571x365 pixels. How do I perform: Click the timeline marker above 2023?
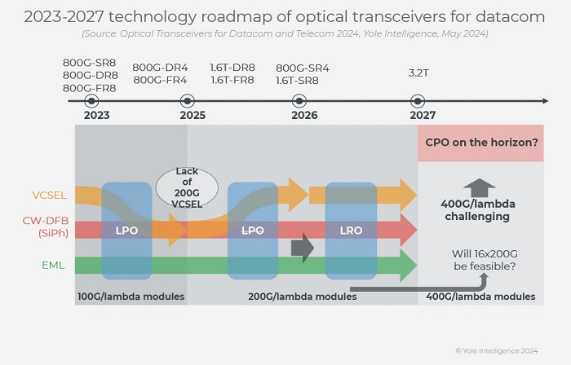click(x=91, y=101)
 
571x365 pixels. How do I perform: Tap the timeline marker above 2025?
click(x=188, y=101)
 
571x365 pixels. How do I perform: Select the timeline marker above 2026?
click(x=299, y=101)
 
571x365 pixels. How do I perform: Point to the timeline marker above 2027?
click(x=418, y=101)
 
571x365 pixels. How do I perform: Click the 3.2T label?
click(x=418, y=73)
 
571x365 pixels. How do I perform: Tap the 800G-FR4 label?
click(x=160, y=80)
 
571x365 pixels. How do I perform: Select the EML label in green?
click(x=54, y=264)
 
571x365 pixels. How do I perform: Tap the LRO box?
click(x=351, y=231)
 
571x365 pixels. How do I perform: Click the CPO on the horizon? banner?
click(x=481, y=143)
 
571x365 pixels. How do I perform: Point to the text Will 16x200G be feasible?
click(x=484, y=259)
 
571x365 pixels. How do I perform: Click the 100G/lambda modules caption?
click(x=131, y=297)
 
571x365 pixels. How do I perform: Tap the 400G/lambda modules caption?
click(x=481, y=297)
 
